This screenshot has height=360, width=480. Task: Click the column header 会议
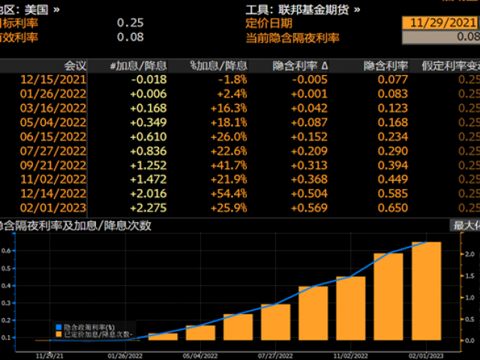75,64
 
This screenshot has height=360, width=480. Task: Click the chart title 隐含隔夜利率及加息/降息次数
75,225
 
